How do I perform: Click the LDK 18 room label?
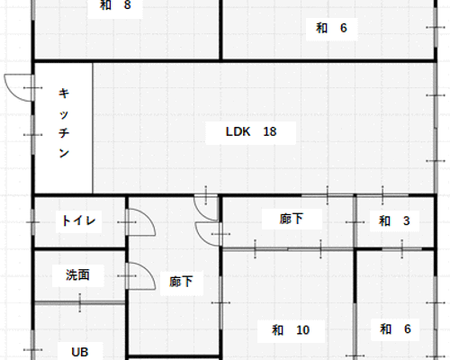pyautogui.click(x=251, y=131)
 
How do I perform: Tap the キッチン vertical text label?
pyautogui.click(x=64, y=123)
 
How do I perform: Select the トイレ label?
pyautogui.click(x=78, y=220)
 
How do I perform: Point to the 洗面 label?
pyautogui.click(x=77, y=274)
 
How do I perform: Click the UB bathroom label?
pyautogui.click(x=80, y=352)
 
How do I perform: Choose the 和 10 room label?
pyautogui.click(x=291, y=330)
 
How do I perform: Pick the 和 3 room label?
pyautogui.click(x=394, y=220)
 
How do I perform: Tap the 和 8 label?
pyautogui.click(x=115, y=4)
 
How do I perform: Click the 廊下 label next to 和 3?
pyautogui.click(x=291, y=219)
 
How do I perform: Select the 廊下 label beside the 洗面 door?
pyautogui.click(x=181, y=282)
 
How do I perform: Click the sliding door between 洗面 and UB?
pyautogui.click(x=80, y=302)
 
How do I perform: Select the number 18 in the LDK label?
pyautogui.click(x=270, y=131)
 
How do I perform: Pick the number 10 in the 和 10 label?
pyautogui.click(x=302, y=330)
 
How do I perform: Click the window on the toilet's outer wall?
pyautogui.click(x=33, y=222)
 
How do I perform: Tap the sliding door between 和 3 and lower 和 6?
pyautogui.click(x=401, y=248)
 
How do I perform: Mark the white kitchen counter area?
pyautogui.click(x=63, y=128)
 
